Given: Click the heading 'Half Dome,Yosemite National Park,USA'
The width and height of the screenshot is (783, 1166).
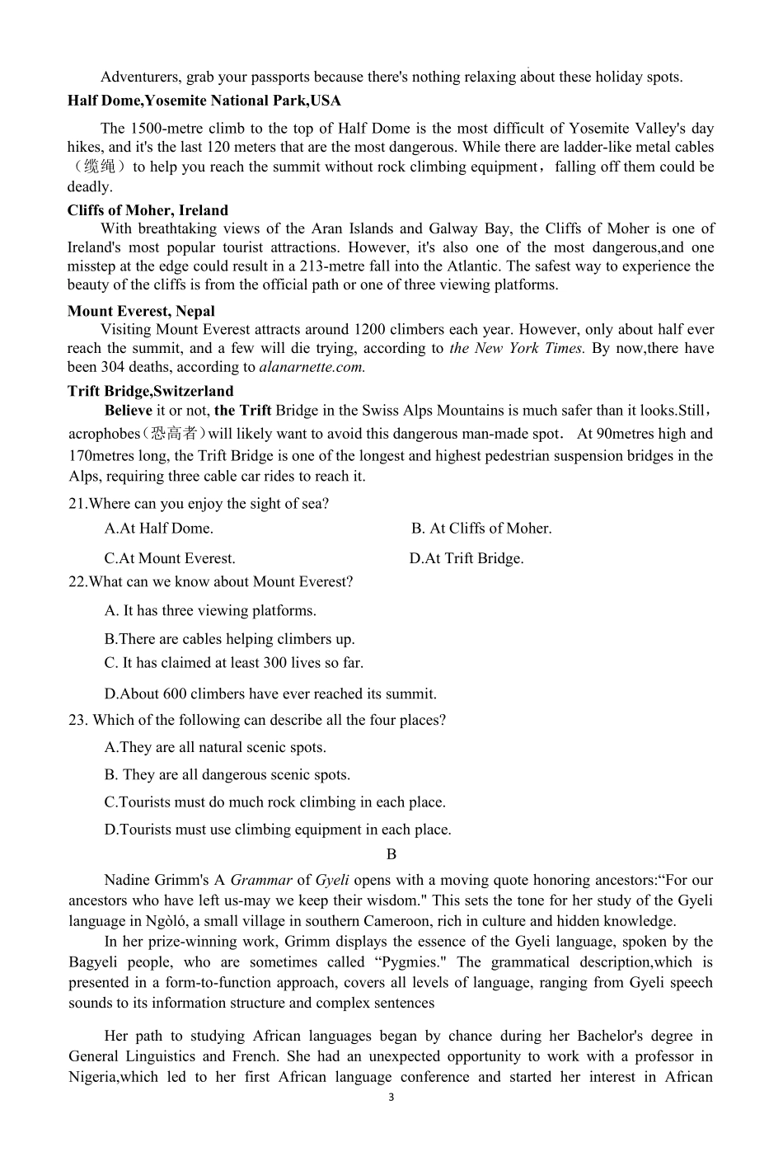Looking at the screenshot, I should click(x=204, y=101).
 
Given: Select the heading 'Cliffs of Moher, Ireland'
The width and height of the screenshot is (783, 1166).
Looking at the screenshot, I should click(x=148, y=210).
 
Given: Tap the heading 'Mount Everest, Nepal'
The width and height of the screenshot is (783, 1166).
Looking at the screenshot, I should click(x=141, y=311).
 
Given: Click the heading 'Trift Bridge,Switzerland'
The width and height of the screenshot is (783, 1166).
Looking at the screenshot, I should click(x=150, y=391).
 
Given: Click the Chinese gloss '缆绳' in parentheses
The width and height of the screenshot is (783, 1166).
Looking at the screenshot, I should click(x=99, y=167).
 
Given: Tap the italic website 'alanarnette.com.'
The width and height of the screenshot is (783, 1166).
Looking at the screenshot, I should click(x=312, y=367).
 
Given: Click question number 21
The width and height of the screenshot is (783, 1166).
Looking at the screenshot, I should click(x=77, y=504).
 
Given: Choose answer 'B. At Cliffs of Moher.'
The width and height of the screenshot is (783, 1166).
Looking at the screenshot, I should click(x=481, y=529).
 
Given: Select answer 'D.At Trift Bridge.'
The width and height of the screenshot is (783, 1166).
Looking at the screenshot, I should click(x=467, y=558).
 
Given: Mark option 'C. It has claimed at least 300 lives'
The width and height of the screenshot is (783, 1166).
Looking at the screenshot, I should click(x=234, y=662).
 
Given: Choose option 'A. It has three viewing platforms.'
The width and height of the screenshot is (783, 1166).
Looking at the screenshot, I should click(x=210, y=610).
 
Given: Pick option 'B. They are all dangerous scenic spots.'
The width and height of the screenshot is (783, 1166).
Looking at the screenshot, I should click(x=227, y=774).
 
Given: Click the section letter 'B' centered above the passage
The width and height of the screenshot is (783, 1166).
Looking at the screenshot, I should click(x=391, y=854).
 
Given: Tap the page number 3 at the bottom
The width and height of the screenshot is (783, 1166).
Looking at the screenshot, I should click(x=391, y=1098).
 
